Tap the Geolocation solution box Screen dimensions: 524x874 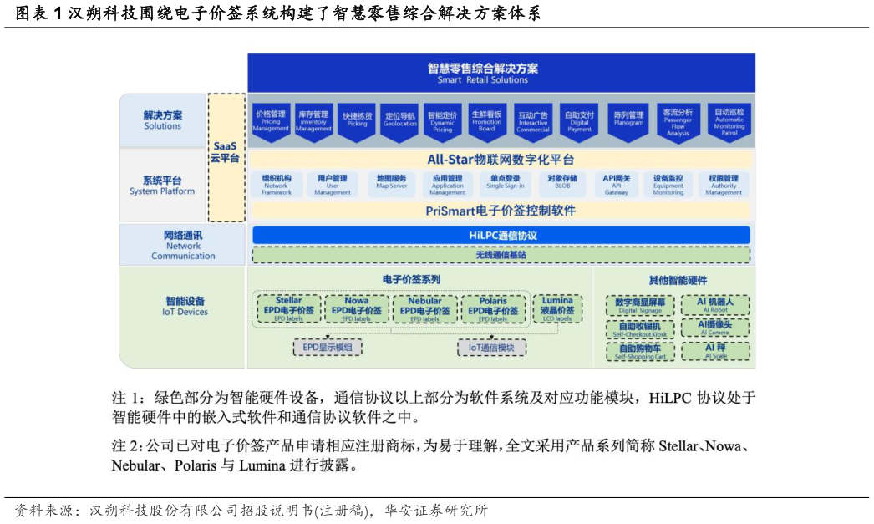pyautogui.click(x=399, y=120)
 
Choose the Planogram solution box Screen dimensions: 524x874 pyautogui.click(x=628, y=120)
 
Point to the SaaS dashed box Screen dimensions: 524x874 pyautogui.click(x=225, y=156)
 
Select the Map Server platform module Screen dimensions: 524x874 pyautogui.click(x=391, y=182)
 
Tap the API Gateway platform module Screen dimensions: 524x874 pyautogui.click(x=617, y=184)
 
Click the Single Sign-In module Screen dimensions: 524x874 pyautogui.click(x=506, y=182)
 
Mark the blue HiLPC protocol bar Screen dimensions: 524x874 pyautogui.click(x=501, y=236)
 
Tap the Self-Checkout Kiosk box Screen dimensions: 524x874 pyautogui.click(x=640, y=328)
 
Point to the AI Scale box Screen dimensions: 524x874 pyautogui.click(x=716, y=351)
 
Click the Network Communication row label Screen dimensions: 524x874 pyautogui.click(x=183, y=245)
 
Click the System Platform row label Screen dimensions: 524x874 pyautogui.click(x=162, y=186)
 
